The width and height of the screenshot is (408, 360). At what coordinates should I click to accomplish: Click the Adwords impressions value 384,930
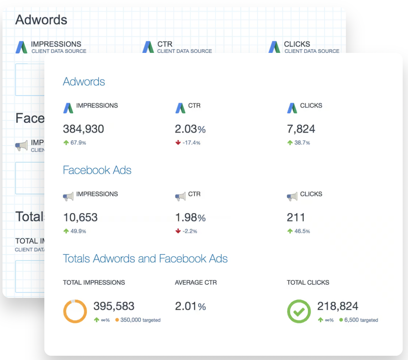click(x=83, y=129)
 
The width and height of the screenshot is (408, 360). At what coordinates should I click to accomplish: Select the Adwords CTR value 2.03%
click(x=190, y=129)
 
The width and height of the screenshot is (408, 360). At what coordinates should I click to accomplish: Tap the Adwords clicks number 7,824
click(x=301, y=129)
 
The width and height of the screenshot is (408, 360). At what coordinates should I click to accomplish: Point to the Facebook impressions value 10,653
click(x=80, y=217)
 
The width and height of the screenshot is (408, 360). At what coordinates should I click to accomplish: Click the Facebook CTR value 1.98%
click(x=190, y=217)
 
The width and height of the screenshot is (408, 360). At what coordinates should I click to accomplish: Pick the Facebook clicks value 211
click(x=296, y=217)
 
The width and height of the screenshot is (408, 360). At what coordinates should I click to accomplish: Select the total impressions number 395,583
click(x=114, y=306)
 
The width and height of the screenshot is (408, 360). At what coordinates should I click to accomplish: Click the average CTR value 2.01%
click(x=190, y=306)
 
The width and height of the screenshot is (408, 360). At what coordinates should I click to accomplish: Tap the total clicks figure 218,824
click(x=337, y=306)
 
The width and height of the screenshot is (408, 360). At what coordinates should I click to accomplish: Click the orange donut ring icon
click(x=75, y=311)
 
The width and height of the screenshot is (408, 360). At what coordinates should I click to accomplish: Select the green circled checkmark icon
click(x=299, y=311)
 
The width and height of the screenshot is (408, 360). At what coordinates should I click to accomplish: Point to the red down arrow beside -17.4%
click(x=178, y=143)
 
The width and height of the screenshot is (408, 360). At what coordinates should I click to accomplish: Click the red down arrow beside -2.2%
click(x=178, y=231)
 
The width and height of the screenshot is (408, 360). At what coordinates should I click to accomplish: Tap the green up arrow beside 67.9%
click(x=66, y=143)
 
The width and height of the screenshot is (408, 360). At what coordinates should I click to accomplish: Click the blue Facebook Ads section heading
click(x=97, y=170)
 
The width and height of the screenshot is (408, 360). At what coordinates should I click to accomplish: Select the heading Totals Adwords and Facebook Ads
click(x=145, y=258)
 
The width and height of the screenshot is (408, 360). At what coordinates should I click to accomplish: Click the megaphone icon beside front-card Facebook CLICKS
click(x=292, y=196)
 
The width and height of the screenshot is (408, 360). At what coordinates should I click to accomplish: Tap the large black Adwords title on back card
click(x=41, y=20)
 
